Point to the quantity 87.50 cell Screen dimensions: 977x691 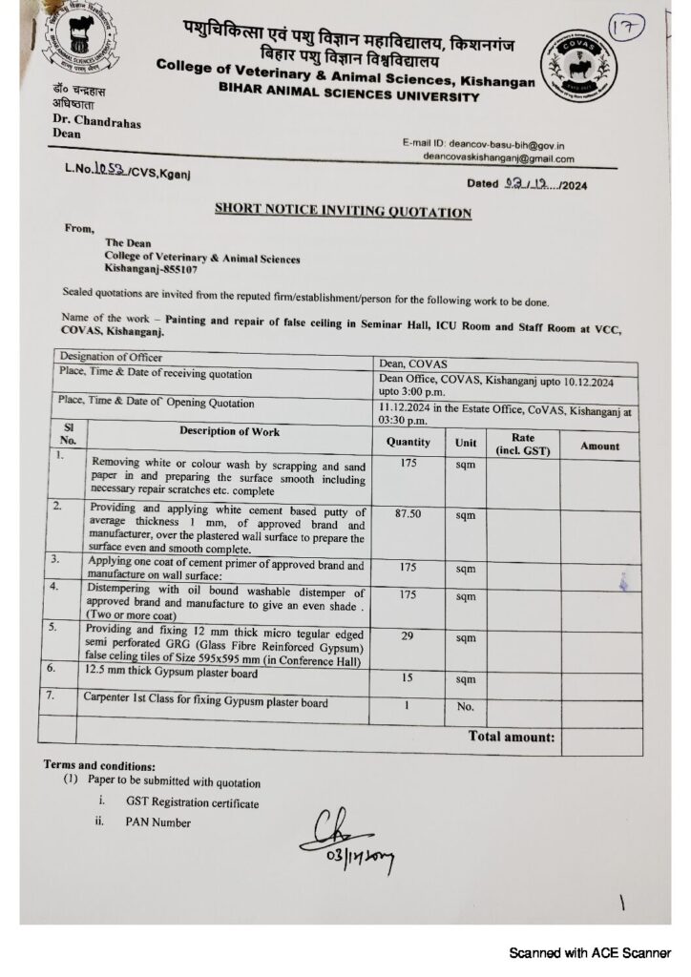pyautogui.click(x=408, y=513)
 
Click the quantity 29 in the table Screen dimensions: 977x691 pyautogui.click(x=408, y=634)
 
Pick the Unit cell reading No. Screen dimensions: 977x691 pyautogui.click(x=465, y=706)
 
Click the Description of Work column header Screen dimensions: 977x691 pyautogui.click(x=230, y=431)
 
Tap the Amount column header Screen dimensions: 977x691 pyautogui.click(x=599, y=446)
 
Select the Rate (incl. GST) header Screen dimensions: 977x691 pyautogui.click(x=522, y=445)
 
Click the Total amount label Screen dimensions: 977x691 pyautogui.click(x=511, y=737)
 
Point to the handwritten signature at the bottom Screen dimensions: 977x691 pyautogui.click(x=345, y=838)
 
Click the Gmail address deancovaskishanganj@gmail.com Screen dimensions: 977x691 pyautogui.click(x=498, y=158)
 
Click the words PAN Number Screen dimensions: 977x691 pyautogui.click(x=157, y=822)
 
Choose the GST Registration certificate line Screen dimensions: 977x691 pyautogui.click(x=192, y=803)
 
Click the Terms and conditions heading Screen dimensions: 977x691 pyautogui.click(x=97, y=765)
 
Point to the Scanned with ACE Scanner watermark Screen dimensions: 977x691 pyautogui.click(x=589, y=952)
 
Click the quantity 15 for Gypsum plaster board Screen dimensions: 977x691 pyautogui.click(x=408, y=678)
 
